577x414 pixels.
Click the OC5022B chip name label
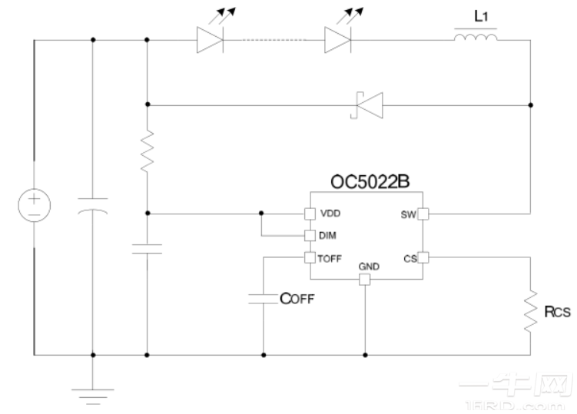pyautogui.click(x=365, y=184)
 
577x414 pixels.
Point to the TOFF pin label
pyautogui.click(x=331, y=259)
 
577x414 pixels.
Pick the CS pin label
pyautogui.click(x=408, y=259)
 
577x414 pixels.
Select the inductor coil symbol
pyautogui.click(x=476, y=37)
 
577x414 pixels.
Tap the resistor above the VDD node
pyautogui.click(x=147, y=152)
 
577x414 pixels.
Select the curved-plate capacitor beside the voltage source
pyautogui.click(x=93, y=207)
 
